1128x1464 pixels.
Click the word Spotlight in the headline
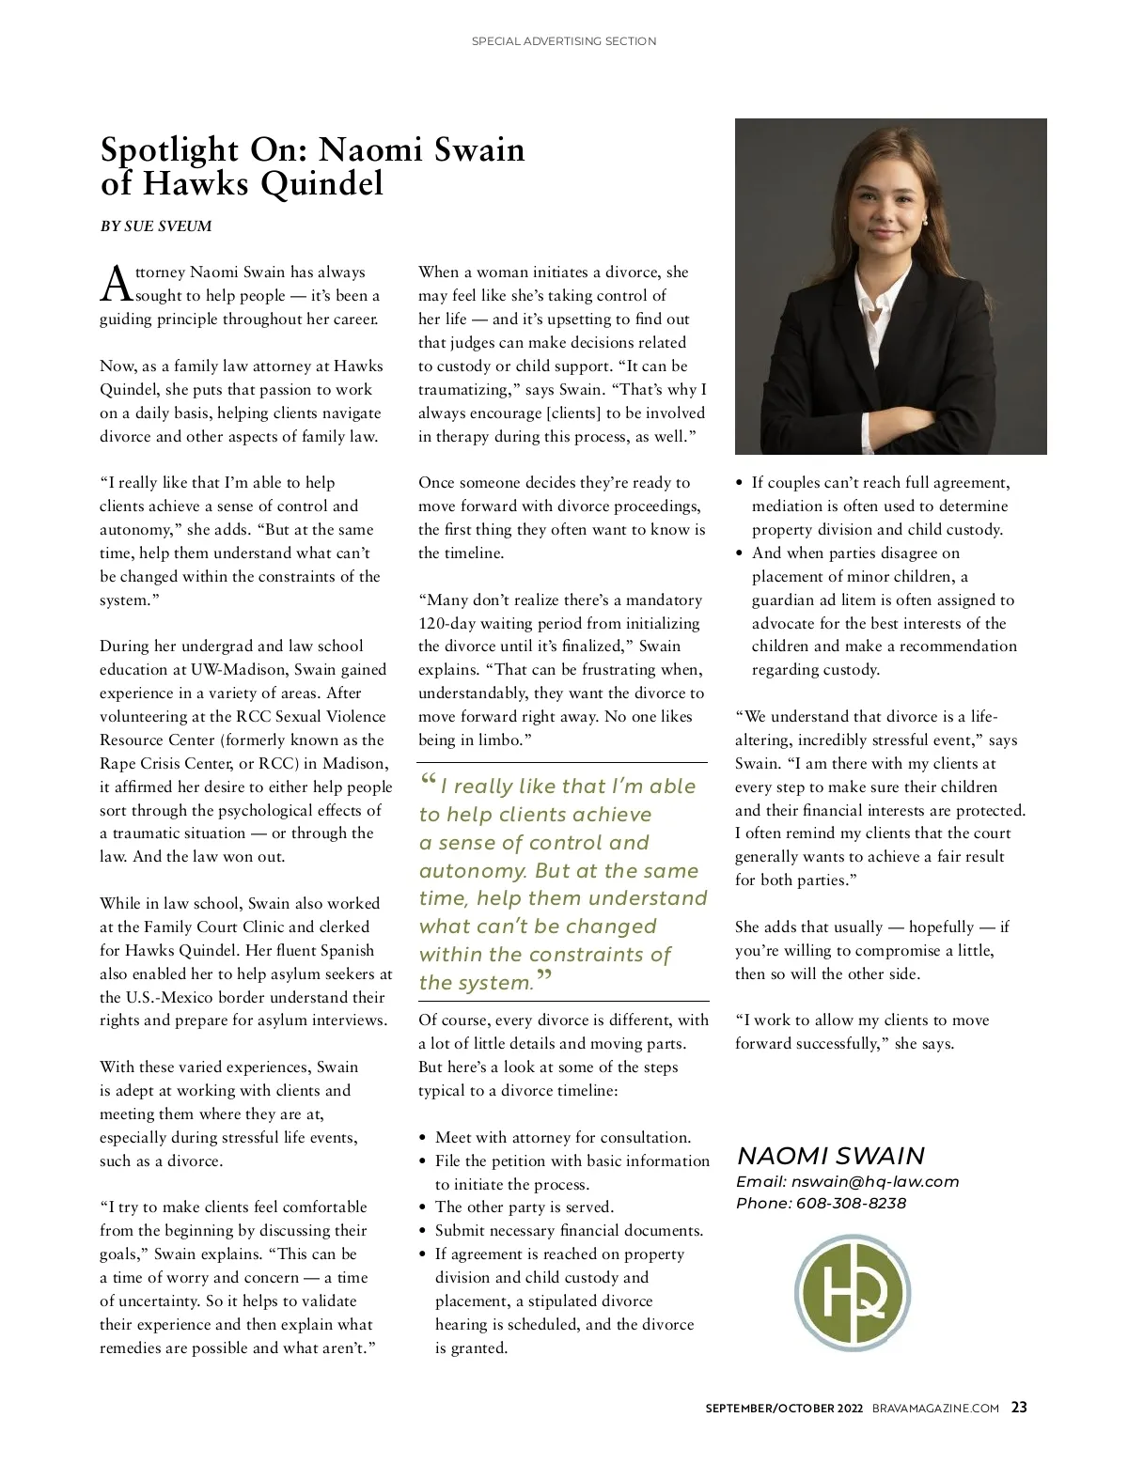pos(169,150)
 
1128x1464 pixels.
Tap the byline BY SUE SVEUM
pos(156,226)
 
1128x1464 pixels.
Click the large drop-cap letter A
pos(115,283)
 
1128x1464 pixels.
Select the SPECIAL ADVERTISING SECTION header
pos(564,41)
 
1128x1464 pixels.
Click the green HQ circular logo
pos(853,1293)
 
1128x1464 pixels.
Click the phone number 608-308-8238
pos(851,1204)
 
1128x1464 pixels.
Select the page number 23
pos(1019,1408)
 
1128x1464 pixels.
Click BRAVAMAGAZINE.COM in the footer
pos(935,1409)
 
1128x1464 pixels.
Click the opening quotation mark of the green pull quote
pos(428,781)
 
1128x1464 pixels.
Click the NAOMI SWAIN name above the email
pos(831,1156)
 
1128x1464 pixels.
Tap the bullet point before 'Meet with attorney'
pos(425,1139)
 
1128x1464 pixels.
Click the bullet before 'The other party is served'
pos(425,1208)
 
